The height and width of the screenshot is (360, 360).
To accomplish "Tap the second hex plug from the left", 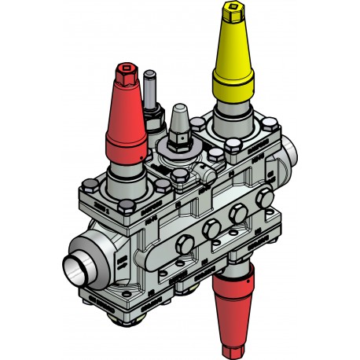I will tap(211, 230).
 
